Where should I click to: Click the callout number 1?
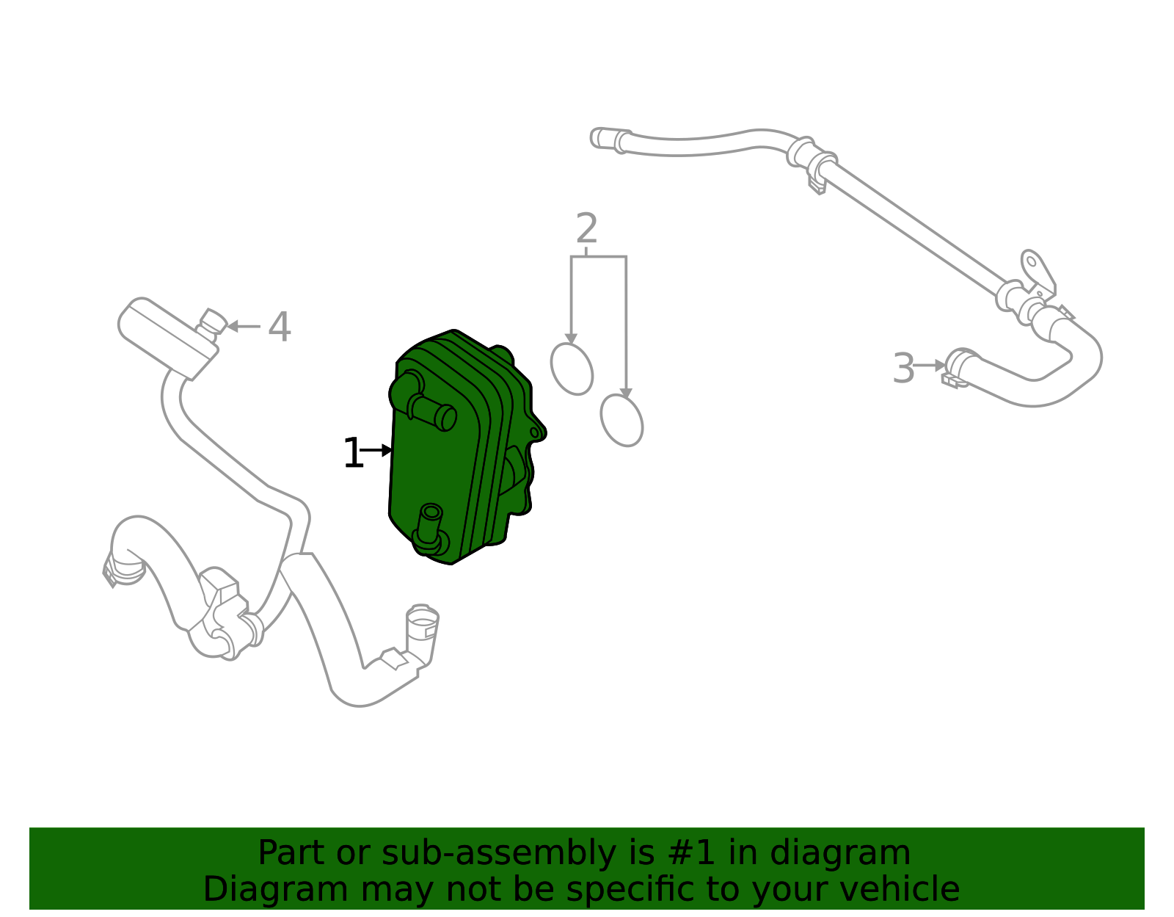(x=353, y=454)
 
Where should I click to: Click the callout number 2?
(x=586, y=229)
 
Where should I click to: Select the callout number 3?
(x=903, y=369)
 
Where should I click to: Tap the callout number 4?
(x=280, y=327)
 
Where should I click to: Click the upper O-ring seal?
(x=572, y=369)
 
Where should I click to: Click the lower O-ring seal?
(x=621, y=420)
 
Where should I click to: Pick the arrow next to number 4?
(x=243, y=326)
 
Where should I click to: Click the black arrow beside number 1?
(x=378, y=450)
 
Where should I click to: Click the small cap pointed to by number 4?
(x=213, y=321)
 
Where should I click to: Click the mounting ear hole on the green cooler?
(x=535, y=433)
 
